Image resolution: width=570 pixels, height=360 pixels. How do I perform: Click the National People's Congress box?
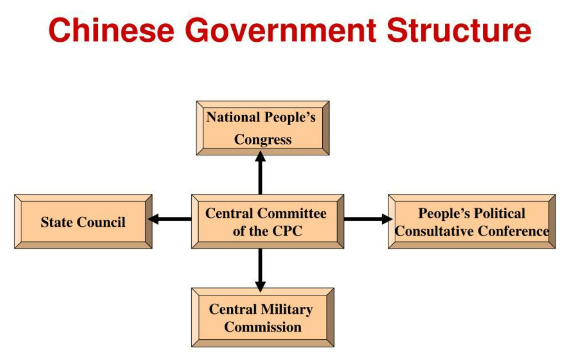(263, 128)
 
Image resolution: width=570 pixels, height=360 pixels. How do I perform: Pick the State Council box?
(83, 222)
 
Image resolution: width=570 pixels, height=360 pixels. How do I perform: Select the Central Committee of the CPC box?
(267, 222)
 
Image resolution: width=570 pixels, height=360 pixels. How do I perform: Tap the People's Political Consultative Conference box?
(471, 222)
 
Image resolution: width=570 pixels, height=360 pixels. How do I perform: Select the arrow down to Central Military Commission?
(260, 269)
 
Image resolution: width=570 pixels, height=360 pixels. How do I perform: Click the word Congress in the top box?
(263, 139)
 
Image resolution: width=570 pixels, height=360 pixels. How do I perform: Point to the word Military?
(286, 309)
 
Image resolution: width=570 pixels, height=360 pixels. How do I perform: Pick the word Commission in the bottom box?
(263, 327)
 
